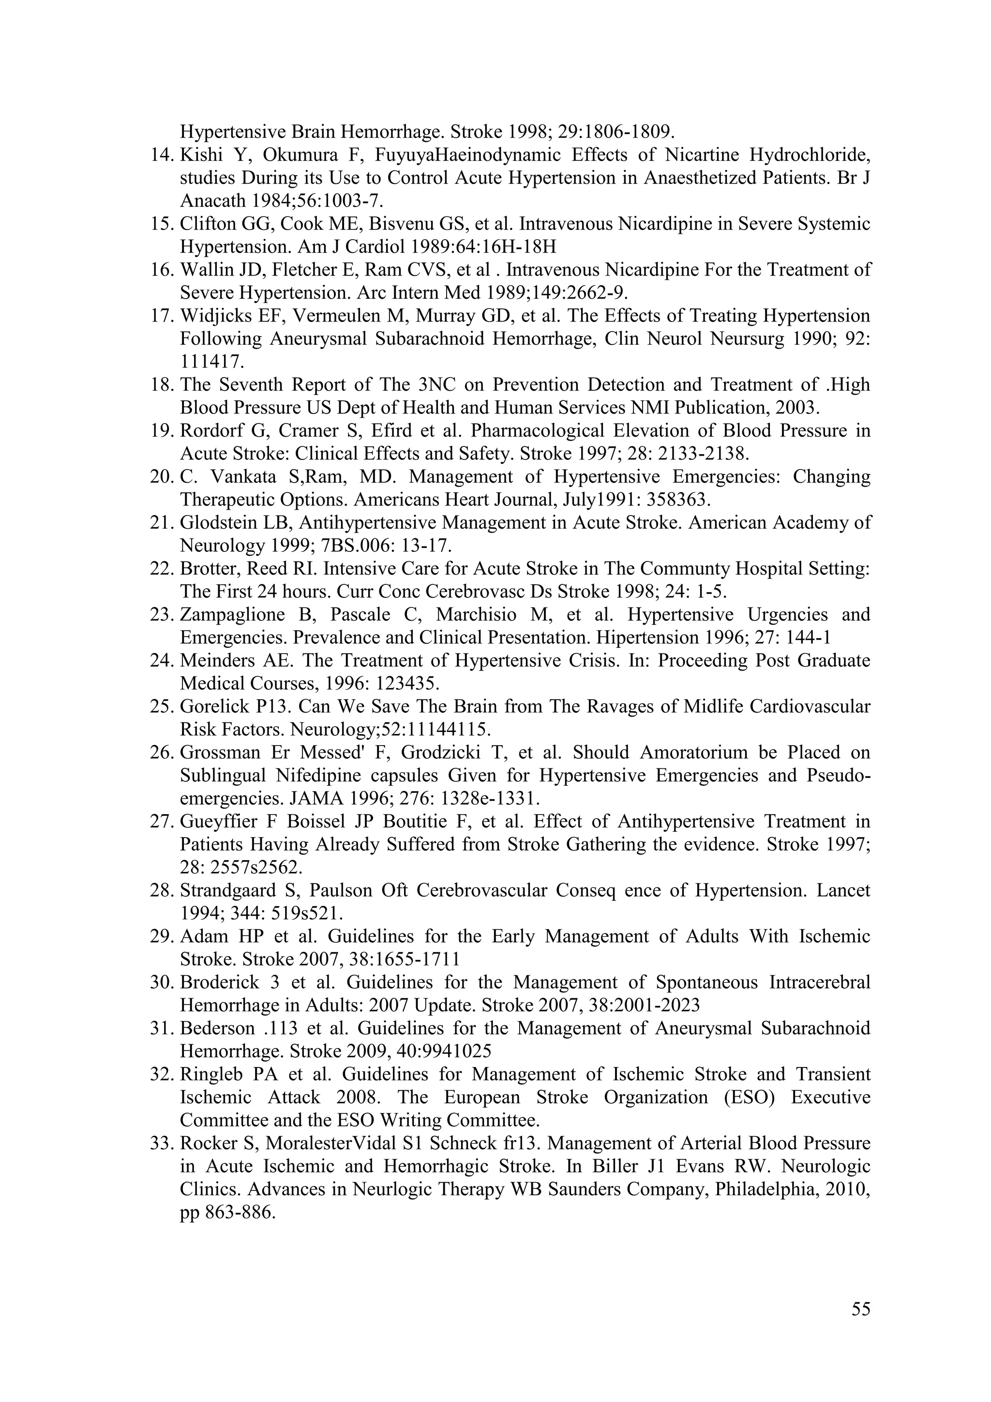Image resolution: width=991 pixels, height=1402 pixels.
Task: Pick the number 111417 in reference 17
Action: [x=212, y=362]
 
